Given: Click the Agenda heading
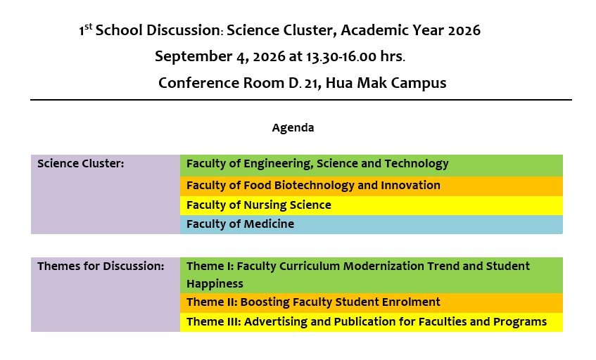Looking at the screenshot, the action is point(293,128).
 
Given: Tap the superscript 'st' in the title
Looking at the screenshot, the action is point(88,27).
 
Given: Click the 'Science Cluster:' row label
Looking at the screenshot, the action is point(81,164).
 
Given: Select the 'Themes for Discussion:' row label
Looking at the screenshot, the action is point(101,266).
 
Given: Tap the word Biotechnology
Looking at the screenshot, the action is point(315,186).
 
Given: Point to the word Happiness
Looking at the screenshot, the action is point(215,284).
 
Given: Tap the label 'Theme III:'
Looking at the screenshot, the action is point(214,322).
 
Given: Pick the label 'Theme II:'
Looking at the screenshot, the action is point(212,302).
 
